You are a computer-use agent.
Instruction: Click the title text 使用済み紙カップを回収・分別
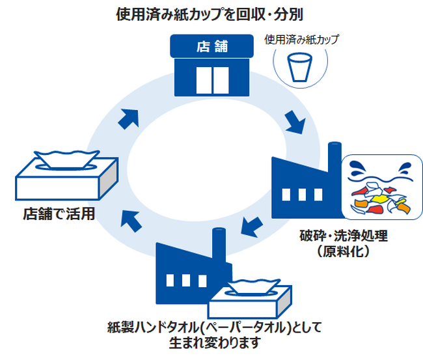point(211,13)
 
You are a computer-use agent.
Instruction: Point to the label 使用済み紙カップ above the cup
point(301,39)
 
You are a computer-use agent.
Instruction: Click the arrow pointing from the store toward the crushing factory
point(294,121)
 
